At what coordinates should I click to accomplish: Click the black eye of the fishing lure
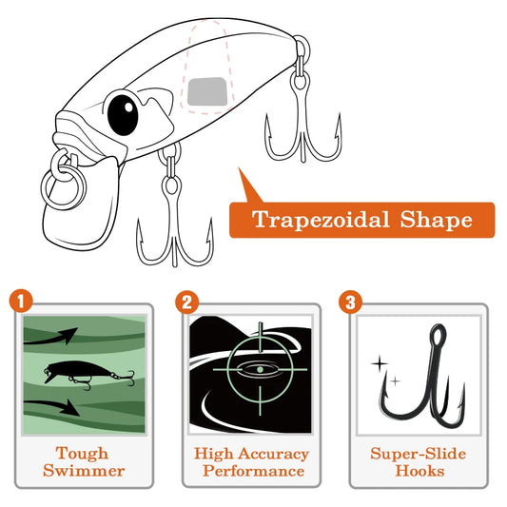(x=121, y=114)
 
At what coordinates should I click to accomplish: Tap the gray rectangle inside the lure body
(x=207, y=91)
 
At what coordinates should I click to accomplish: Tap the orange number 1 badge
(x=23, y=302)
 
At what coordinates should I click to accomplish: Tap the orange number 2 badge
(x=186, y=302)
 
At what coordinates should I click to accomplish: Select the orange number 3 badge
(x=350, y=302)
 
